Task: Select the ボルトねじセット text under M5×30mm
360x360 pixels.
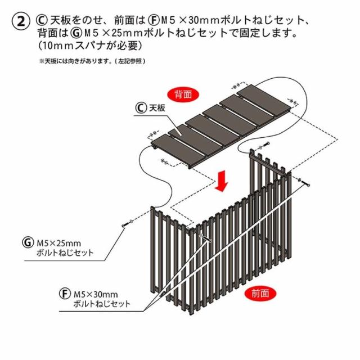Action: (101, 304)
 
